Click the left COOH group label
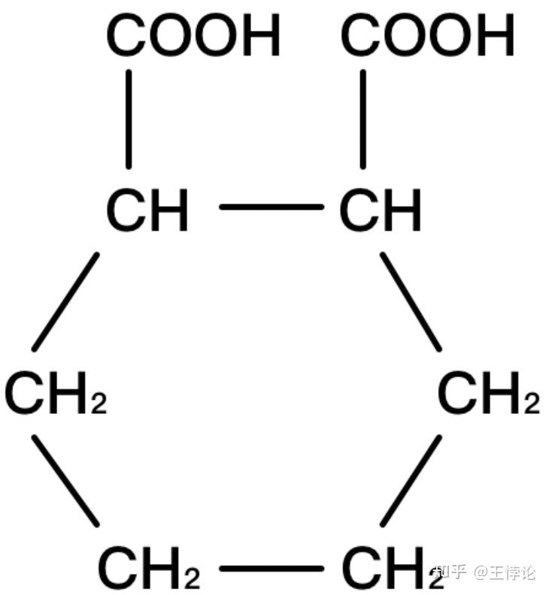(193, 35)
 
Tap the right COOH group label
(428, 35)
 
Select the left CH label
(147, 210)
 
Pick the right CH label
(381, 210)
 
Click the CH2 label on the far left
(56, 394)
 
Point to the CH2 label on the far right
(488, 394)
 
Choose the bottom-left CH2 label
(149, 569)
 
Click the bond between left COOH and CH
(129, 119)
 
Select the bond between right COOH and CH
(362, 119)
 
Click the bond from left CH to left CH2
(65, 302)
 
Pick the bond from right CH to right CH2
(411, 302)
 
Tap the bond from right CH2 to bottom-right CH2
(411, 479)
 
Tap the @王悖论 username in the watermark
(505, 572)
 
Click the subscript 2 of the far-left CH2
(99, 404)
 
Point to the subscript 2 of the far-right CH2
(532, 404)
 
